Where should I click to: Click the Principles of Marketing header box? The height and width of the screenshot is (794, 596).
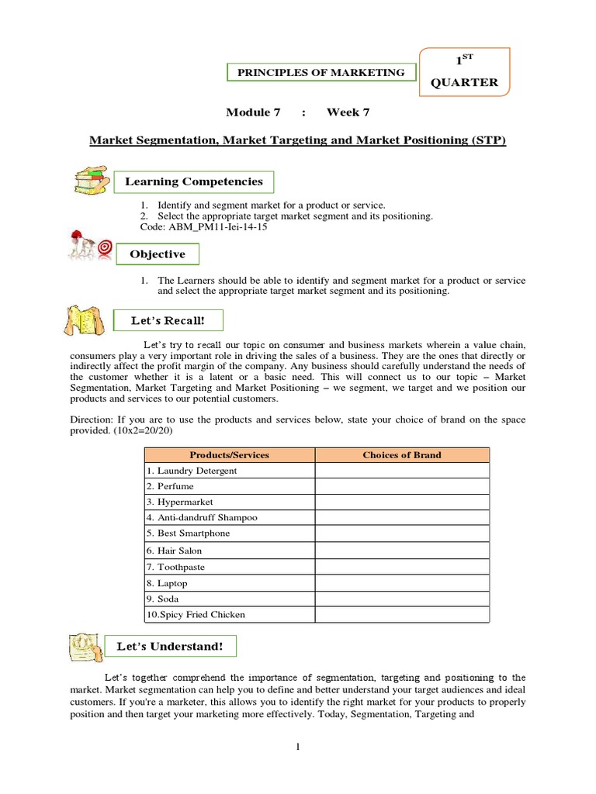(321, 72)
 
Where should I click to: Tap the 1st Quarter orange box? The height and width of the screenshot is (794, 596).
(465, 71)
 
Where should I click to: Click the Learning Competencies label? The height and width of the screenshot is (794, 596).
(194, 181)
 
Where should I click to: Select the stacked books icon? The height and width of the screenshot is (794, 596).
(92, 181)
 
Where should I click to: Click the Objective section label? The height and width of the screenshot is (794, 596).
(158, 254)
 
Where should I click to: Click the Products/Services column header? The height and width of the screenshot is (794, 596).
(229, 454)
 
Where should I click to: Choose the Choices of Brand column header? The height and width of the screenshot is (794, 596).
(402, 454)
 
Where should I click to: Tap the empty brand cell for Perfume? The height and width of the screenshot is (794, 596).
(402, 486)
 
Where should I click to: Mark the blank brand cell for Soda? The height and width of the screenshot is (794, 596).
(402, 599)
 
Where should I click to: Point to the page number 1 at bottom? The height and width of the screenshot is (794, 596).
(298, 747)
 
